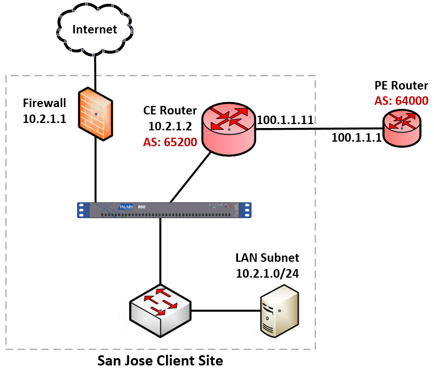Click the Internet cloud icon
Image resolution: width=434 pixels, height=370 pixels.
[95, 29]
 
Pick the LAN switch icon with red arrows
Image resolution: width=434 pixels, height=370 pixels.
[160, 309]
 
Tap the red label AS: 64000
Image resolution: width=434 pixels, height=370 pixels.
[401, 101]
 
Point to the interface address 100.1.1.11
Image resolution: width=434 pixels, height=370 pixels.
[286, 120]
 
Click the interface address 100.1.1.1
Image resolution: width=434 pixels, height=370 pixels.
[356, 137]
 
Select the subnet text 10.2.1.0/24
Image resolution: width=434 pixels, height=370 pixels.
[267, 273]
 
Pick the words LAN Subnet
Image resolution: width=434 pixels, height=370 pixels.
[267, 258]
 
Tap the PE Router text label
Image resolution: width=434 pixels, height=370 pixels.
[401, 86]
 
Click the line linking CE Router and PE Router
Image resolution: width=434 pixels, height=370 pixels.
[317, 129]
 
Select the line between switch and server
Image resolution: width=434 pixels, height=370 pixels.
[225, 311]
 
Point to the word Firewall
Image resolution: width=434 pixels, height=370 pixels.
[45, 103]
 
